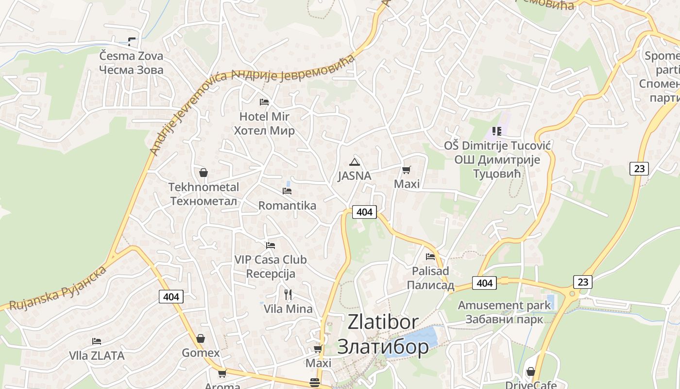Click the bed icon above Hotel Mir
[x=264, y=102]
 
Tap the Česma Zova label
[x=131, y=56]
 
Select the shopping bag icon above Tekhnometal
[x=204, y=173]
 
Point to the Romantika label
[x=287, y=206]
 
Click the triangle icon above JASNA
[x=355, y=162]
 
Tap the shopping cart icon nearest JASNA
[x=406, y=170]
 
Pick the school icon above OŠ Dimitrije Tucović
[x=496, y=131]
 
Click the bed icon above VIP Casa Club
[x=271, y=246]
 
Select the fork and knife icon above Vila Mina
[x=288, y=294]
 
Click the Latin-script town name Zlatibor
[x=383, y=322]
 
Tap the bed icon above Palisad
[x=430, y=256]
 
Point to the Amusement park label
[x=504, y=305]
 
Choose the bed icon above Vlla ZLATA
[x=97, y=341]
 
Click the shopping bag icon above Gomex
[x=201, y=338]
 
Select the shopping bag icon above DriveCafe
[x=531, y=371]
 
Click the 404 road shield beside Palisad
[x=484, y=283]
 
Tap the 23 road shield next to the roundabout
[x=582, y=282]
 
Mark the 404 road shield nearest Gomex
[x=171, y=296]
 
